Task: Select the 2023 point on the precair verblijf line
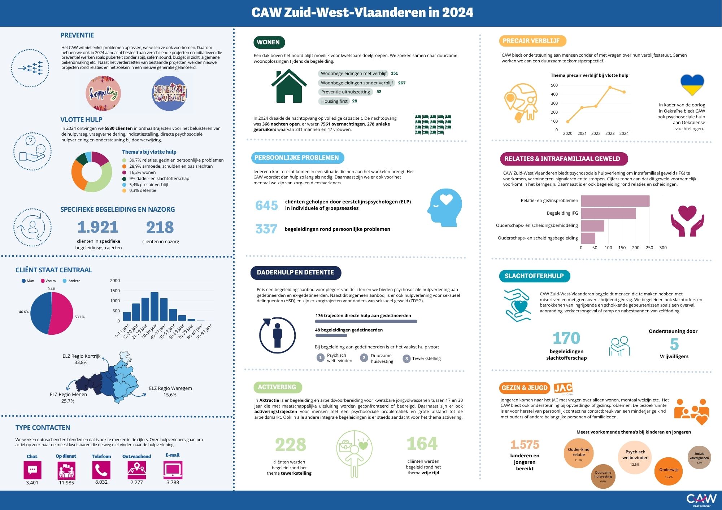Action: click(610, 87)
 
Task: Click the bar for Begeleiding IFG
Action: click(608, 213)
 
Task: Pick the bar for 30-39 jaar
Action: click(154, 307)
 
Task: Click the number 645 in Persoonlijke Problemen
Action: click(266, 205)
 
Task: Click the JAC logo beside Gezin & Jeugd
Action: click(563, 388)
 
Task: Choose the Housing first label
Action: click(334, 101)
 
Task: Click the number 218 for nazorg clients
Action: click(160, 228)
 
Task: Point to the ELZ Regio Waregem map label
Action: click(170, 391)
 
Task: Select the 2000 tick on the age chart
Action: click(115, 281)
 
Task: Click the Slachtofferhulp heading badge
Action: click(534, 276)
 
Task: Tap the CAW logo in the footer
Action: click(701, 500)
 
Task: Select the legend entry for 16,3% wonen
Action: click(142, 172)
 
